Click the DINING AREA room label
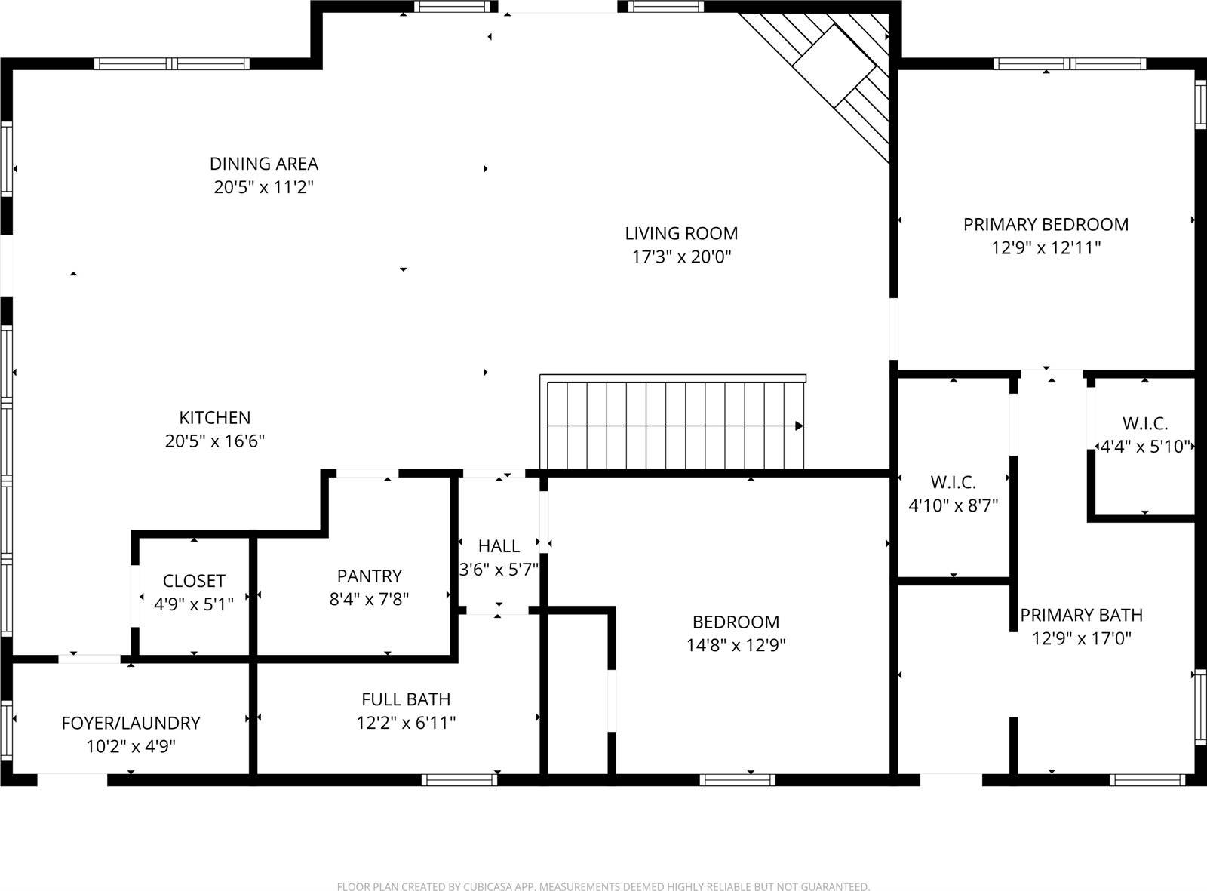click(263, 164)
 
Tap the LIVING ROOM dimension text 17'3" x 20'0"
click(681, 257)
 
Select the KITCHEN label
click(214, 417)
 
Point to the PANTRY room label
click(369, 576)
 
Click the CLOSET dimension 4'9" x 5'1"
click(194, 604)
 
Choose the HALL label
click(499, 545)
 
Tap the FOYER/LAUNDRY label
click(131, 723)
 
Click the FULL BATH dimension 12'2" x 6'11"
click(406, 723)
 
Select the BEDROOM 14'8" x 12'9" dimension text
click(736, 645)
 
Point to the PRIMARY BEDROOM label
click(1046, 224)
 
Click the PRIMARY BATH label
click(1081, 615)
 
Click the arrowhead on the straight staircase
click(798, 426)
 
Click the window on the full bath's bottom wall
click(459, 779)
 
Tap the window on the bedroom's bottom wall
click(737, 779)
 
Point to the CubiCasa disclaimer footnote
click(603, 886)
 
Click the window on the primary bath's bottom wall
click(1147, 779)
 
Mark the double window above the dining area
click(172, 64)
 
